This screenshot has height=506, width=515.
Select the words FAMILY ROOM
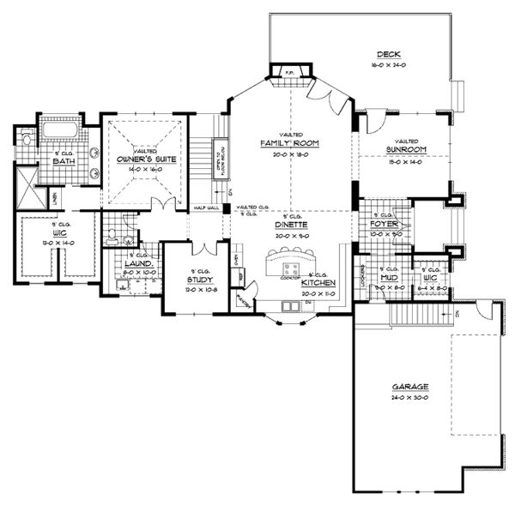point(291,142)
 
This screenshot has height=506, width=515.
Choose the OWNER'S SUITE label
point(144,160)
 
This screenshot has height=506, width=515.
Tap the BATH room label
point(64,160)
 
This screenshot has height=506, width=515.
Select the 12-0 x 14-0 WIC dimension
point(38,243)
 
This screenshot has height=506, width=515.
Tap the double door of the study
point(201,249)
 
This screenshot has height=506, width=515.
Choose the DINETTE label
point(292,225)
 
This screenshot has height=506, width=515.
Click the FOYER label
point(381,224)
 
